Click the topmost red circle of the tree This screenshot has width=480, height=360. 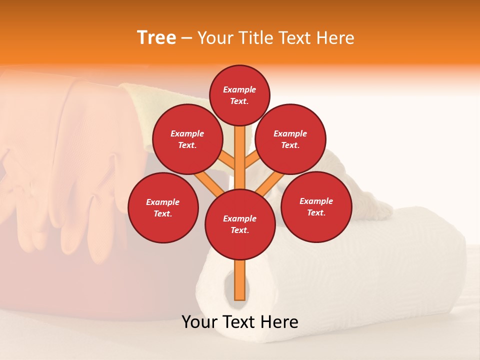[239, 95]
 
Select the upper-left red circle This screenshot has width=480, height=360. [187, 139]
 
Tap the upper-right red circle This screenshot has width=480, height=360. [290, 139]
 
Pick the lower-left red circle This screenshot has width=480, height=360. [163, 207]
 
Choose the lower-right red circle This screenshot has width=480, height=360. [316, 206]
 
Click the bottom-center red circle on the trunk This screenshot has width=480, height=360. [240, 224]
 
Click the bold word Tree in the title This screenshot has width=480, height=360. [156, 37]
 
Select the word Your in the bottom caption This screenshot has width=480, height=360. [199, 322]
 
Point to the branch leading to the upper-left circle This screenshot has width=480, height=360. [226, 160]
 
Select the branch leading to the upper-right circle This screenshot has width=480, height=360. [252, 160]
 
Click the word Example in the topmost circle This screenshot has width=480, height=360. [239, 89]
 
